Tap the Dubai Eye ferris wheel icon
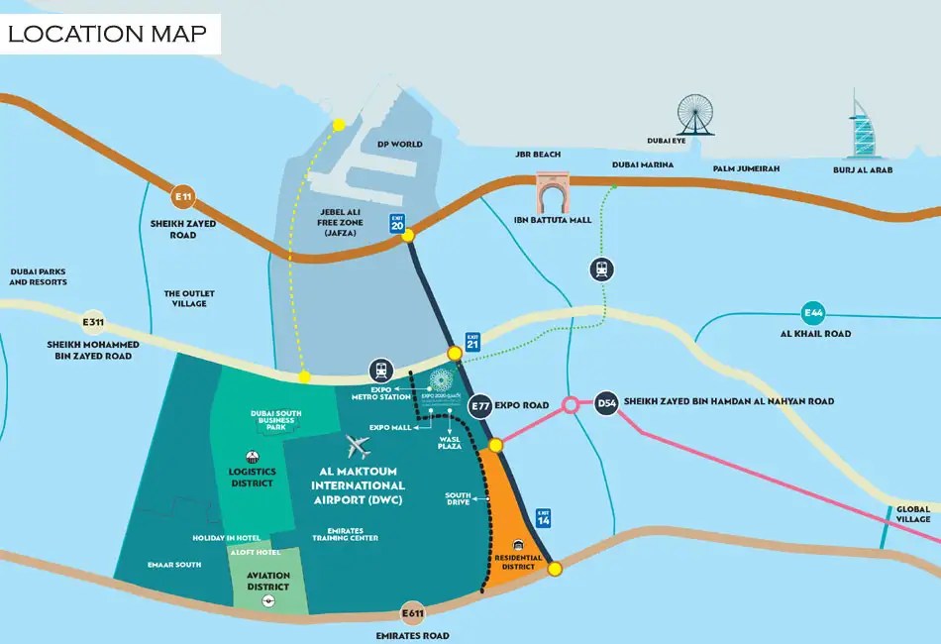pos(695,115)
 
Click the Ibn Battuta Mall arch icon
pos(552,193)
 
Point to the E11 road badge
pos(182,195)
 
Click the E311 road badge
pos(93,322)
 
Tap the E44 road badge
pos(813,313)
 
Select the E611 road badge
pos(412,613)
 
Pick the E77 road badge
pos(481,404)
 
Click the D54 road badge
pos(606,402)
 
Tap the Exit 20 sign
pos(397,224)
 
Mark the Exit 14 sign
pos(542,517)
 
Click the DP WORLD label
pos(399,144)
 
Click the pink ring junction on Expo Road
pos(571,405)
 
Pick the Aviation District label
pos(268,582)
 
